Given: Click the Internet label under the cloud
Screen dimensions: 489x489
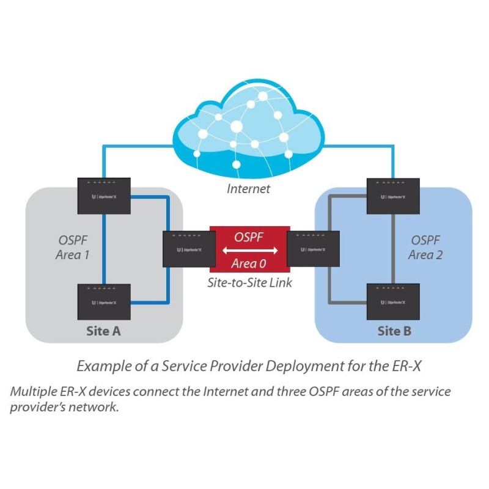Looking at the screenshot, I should tap(248, 188).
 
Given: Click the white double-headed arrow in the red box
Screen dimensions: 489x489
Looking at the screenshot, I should tap(249, 251).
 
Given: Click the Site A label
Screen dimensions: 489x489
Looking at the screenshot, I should tap(103, 331).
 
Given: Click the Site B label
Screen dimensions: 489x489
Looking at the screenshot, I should tap(394, 331).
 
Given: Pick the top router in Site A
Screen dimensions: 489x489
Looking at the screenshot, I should tap(104, 195).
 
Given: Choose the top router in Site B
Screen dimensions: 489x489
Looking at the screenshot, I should tap(392, 195).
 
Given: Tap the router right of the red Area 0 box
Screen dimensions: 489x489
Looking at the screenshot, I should tap(312, 248).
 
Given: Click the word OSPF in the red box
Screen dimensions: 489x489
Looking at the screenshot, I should tap(249, 237).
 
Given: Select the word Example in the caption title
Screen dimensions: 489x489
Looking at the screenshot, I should tap(100, 366).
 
